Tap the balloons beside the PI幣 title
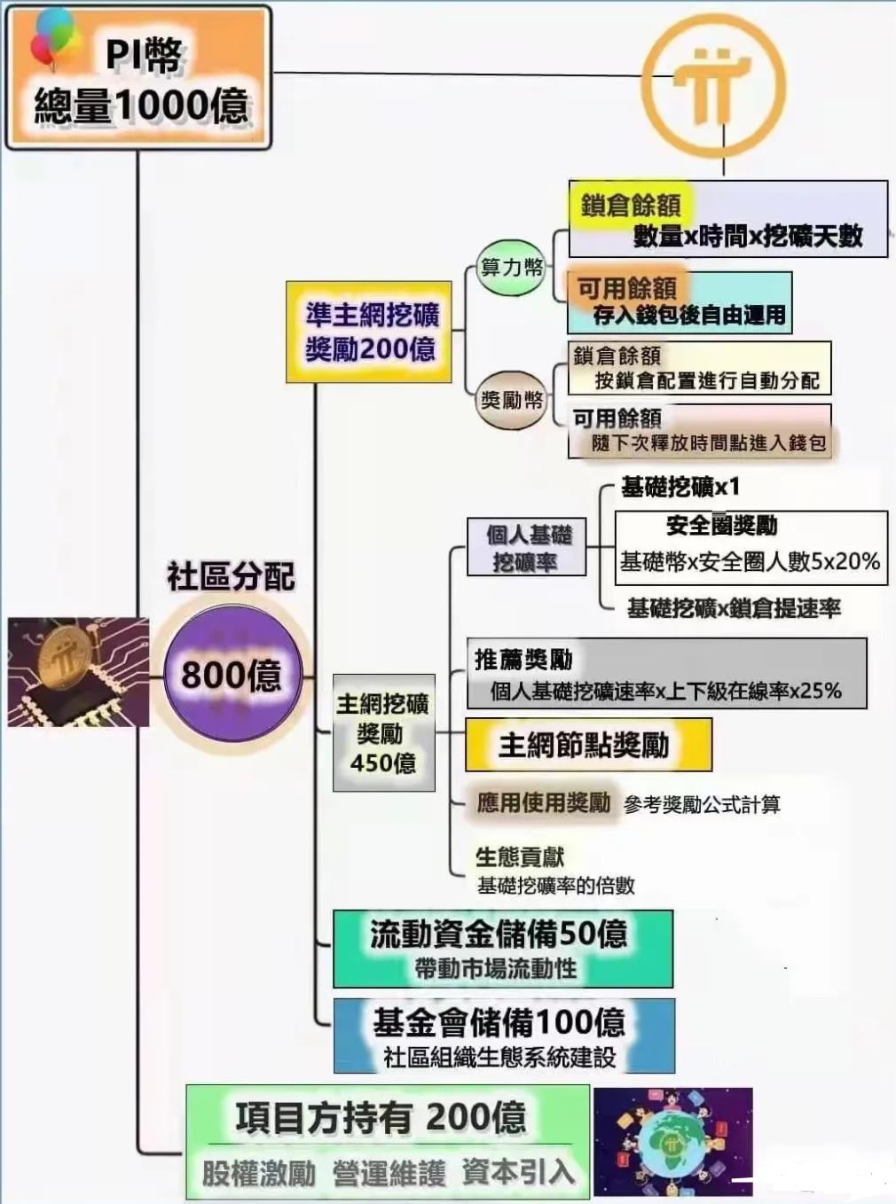tap(54, 38)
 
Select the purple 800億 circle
tap(233, 674)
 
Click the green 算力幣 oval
tap(510, 267)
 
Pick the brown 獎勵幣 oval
tap(510, 401)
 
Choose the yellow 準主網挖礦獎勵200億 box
tap(369, 332)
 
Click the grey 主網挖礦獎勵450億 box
tap(383, 733)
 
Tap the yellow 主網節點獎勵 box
tap(588, 745)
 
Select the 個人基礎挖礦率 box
tap(527, 547)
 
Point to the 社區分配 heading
tap(231, 576)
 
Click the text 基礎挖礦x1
tap(680, 488)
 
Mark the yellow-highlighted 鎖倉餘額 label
tap(630, 207)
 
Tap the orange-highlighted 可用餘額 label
tap(627, 287)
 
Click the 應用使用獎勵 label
tap(543, 802)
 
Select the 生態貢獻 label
tap(520, 857)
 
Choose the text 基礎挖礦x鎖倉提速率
tap(734, 608)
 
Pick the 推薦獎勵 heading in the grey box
tap(523, 661)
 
